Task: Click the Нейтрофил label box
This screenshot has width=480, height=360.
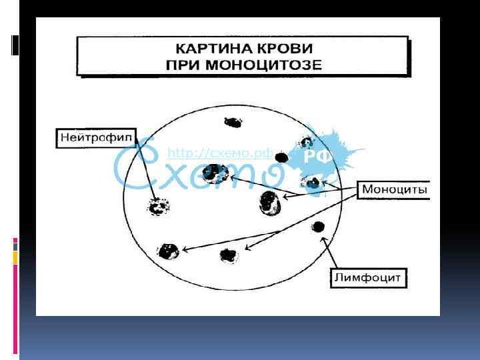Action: [93, 139]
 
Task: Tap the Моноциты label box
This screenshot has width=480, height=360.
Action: [393, 190]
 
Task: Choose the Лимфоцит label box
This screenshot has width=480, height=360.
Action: [368, 277]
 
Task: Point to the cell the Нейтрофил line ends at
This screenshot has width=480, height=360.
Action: [157, 207]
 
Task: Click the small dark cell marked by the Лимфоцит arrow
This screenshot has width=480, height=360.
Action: [319, 227]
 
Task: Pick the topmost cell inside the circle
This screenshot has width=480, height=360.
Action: [233, 122]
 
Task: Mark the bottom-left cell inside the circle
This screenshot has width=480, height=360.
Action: [167, 251]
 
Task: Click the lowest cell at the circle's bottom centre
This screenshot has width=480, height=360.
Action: [229, 254]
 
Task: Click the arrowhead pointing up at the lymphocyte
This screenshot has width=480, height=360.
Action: [324, 239]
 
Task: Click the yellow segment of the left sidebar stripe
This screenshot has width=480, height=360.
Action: [15, 257]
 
